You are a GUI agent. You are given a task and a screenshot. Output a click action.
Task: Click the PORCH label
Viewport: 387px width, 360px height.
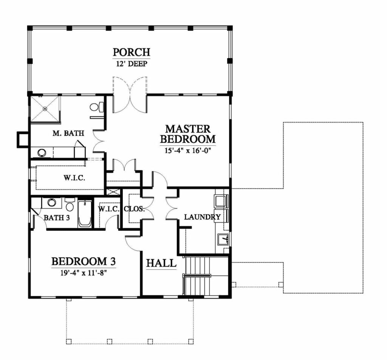132,52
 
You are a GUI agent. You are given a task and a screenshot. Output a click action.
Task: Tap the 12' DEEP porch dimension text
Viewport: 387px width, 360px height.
132,64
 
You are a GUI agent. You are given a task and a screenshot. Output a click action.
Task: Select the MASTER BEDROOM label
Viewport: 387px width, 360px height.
188,134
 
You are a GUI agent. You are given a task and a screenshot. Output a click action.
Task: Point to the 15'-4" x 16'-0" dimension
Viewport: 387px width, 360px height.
189,150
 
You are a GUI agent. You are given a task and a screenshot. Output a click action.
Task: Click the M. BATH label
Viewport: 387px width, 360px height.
68,133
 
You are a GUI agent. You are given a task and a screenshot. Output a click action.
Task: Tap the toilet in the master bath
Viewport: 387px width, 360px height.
97,107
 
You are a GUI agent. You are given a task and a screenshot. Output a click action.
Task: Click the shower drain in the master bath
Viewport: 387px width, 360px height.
45,108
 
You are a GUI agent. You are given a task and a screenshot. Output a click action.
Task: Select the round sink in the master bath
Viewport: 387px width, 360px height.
42,153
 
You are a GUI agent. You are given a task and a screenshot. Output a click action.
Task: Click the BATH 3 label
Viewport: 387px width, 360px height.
57,218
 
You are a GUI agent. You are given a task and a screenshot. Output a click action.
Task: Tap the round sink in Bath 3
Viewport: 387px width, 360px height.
51,202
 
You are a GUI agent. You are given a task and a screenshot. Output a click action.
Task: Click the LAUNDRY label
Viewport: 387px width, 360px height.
203,217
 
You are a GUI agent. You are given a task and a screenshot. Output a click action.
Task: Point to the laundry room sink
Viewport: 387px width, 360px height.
223,239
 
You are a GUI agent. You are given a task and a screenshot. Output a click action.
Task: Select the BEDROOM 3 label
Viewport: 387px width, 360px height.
84,261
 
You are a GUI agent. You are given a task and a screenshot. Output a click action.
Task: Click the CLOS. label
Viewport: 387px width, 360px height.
134,209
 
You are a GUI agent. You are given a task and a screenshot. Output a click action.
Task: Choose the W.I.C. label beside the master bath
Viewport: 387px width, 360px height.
74,178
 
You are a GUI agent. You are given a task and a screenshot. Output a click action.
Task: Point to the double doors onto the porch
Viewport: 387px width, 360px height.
130,94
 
